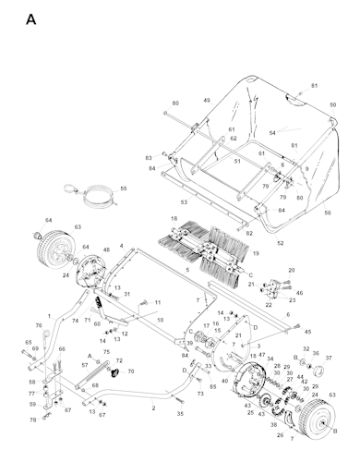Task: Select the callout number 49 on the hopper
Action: pyautogui.click(x=207, y=100)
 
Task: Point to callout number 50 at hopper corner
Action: pyautogui.click(x=332, y=105)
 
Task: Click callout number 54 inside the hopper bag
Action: pyautogui.click(x=272, y=133)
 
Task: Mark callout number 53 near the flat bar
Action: pyautogui.click(x=184, y=201)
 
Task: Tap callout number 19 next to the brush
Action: pyautogui.click(x=256, y=253)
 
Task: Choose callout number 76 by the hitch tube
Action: pyautogui.click(x=39, y=326)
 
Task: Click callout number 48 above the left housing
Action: pyautogui.click(x=106, y=250)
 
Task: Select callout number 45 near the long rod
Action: pyautogui.click(x=308, y=331)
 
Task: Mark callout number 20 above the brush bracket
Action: pyautogui.click(x=293, y=271)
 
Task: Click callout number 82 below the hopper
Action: pyautogui.click(x=248, y=234)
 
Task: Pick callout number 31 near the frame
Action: pyautogui.click(x=127, y=295)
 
